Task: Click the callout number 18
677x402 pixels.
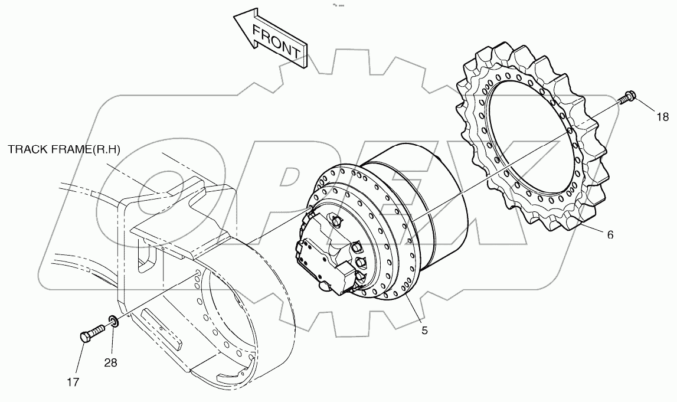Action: click(x=662, y=116)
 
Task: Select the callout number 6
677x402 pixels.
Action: click(x=610, y=234)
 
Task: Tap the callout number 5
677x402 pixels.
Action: click(x=424, y=331)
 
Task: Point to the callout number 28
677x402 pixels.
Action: click(x=110, y=362)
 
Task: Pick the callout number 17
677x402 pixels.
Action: click(x=73, y=382)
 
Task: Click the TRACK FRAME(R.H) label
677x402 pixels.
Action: click(x=64, y=149)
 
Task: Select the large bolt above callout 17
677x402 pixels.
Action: click(x=93, y=334)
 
